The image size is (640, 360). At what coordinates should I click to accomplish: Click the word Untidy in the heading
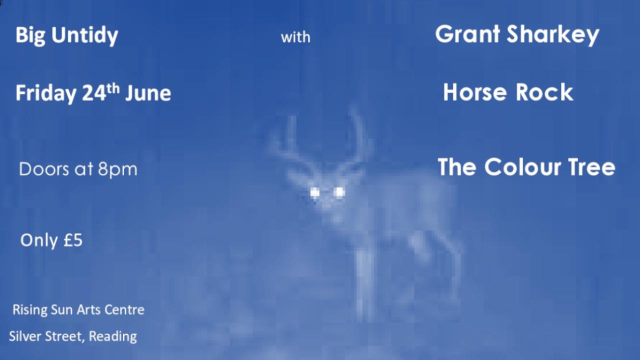pos(85,35)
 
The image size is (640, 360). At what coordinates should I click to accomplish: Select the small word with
pos(295,37)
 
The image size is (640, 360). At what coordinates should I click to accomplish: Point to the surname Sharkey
pos(553,35)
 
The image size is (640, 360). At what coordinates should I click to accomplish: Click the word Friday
pos(45,93)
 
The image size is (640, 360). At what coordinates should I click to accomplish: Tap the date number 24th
pos(101,92)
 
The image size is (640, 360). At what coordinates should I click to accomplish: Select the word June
pos(148,93)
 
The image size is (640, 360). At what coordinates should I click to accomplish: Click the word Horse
pos(475,92)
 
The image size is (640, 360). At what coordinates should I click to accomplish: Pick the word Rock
pos(544,92)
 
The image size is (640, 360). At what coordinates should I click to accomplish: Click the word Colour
pos(523,167)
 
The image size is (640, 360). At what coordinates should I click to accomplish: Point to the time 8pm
pos(117,169)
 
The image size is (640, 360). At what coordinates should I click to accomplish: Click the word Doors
pos(44,169)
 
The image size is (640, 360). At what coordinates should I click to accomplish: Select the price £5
pos(73,240)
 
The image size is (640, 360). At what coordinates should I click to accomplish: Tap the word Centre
pos(124,310)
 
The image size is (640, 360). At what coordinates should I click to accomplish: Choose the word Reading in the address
pos(113,336)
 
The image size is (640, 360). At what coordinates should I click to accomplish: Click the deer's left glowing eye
pos(315,193)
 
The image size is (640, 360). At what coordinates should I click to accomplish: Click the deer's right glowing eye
pos(339,192)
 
